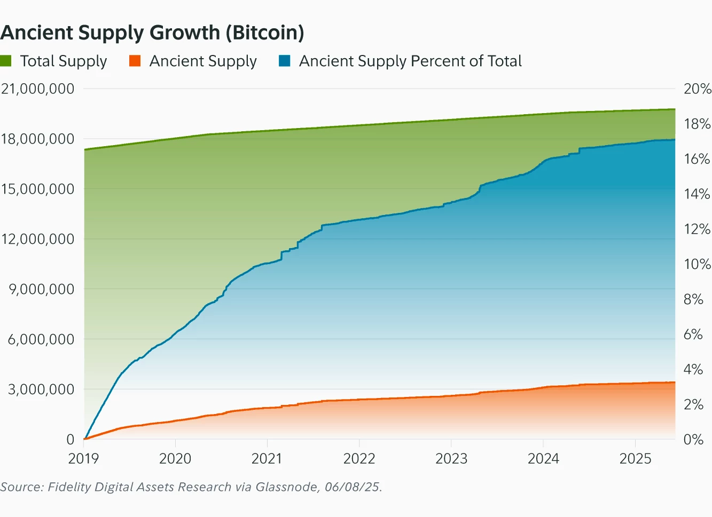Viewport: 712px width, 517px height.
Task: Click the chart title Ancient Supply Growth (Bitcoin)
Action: pos(152,33)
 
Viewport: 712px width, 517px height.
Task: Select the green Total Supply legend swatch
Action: pos(6,61)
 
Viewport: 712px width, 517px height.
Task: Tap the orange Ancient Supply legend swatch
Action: pos(135,61)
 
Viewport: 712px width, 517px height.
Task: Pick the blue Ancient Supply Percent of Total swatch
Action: pos(285,61)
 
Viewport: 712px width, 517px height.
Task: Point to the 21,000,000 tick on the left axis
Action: pos(37,89)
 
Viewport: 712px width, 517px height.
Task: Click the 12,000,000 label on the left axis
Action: pos(37,239)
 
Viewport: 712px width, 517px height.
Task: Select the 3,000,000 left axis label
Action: pos(41,389)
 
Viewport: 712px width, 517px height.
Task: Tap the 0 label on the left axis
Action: pos(70,440)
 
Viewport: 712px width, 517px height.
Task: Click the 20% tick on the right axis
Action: pos(697,89)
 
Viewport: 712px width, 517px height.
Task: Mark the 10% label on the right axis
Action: pos(697,264)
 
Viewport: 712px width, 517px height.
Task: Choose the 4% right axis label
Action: pos(693,369)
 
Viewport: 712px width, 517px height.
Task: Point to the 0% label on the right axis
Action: pos(693,440)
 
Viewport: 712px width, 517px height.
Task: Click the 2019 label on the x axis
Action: pos(83,458)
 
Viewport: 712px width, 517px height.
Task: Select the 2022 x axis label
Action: pos(359,458)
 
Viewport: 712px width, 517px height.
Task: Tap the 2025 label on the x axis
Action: pos(635,458)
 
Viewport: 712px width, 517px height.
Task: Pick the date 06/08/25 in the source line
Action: pos(353,487)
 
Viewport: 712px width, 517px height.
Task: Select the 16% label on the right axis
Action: pos(697,159)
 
